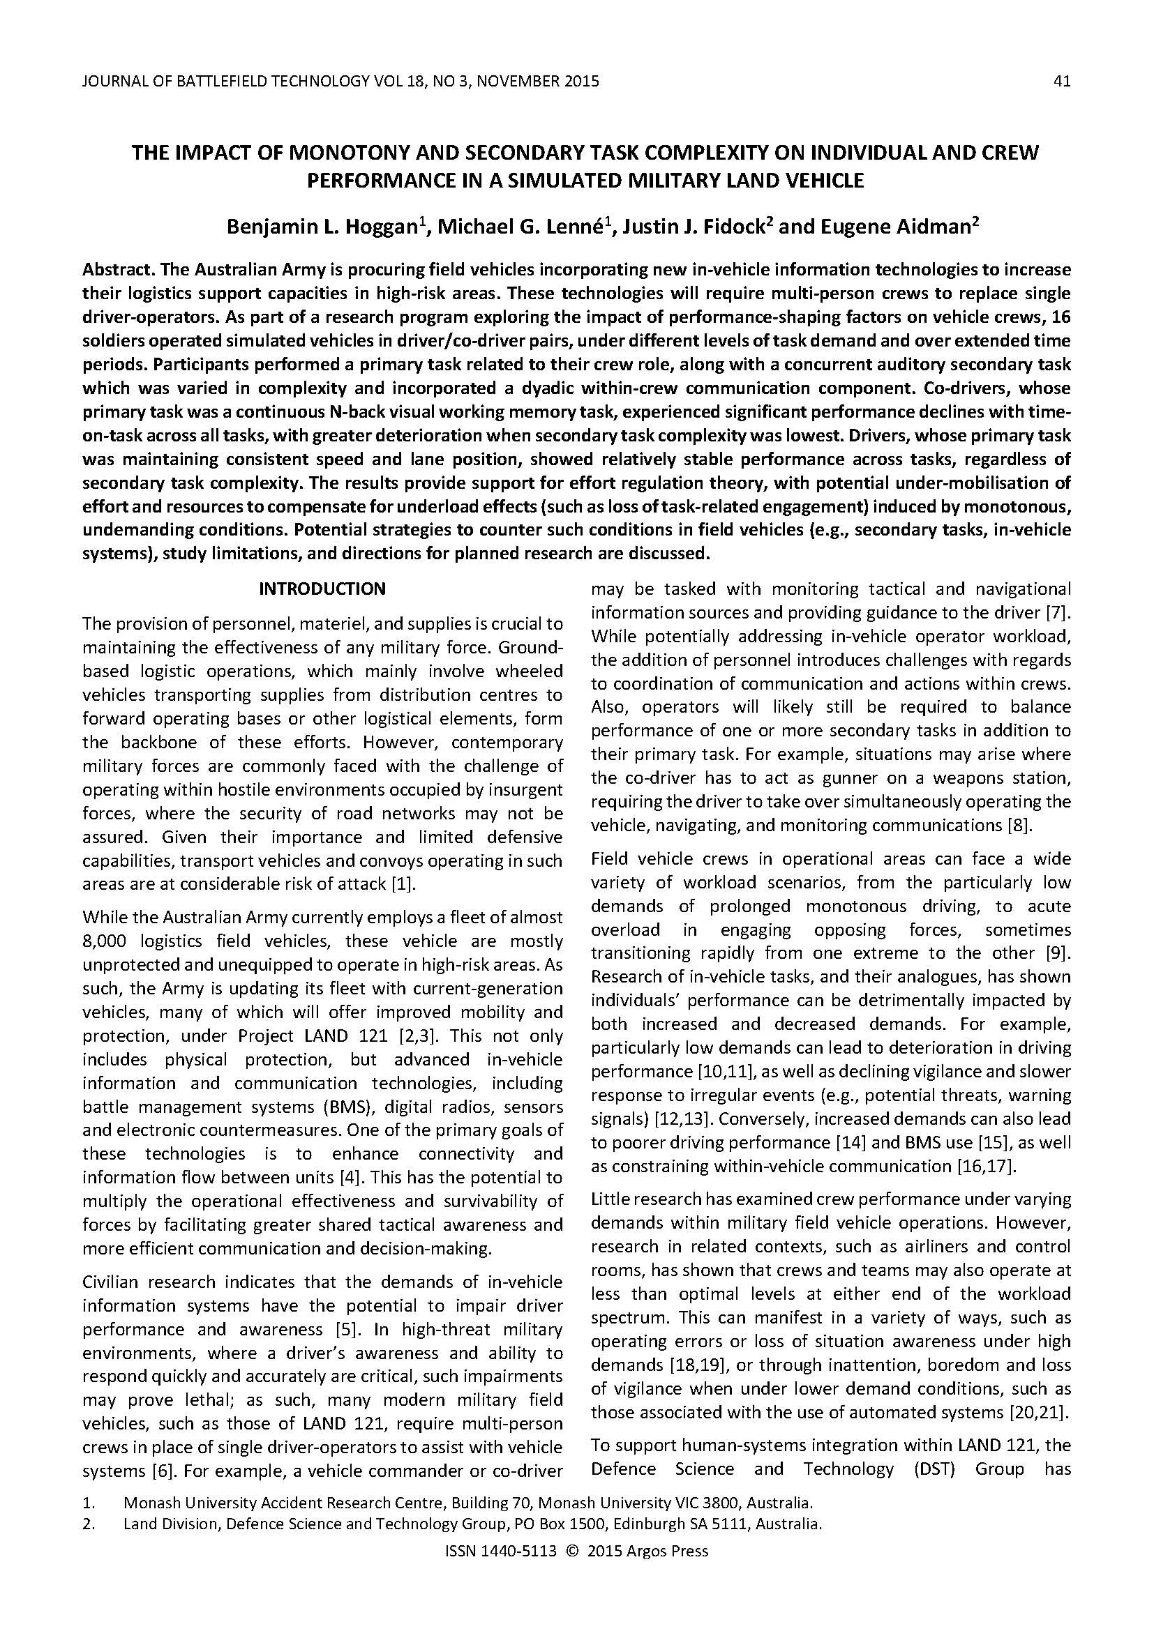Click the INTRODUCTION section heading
click(x=322, y=589)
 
